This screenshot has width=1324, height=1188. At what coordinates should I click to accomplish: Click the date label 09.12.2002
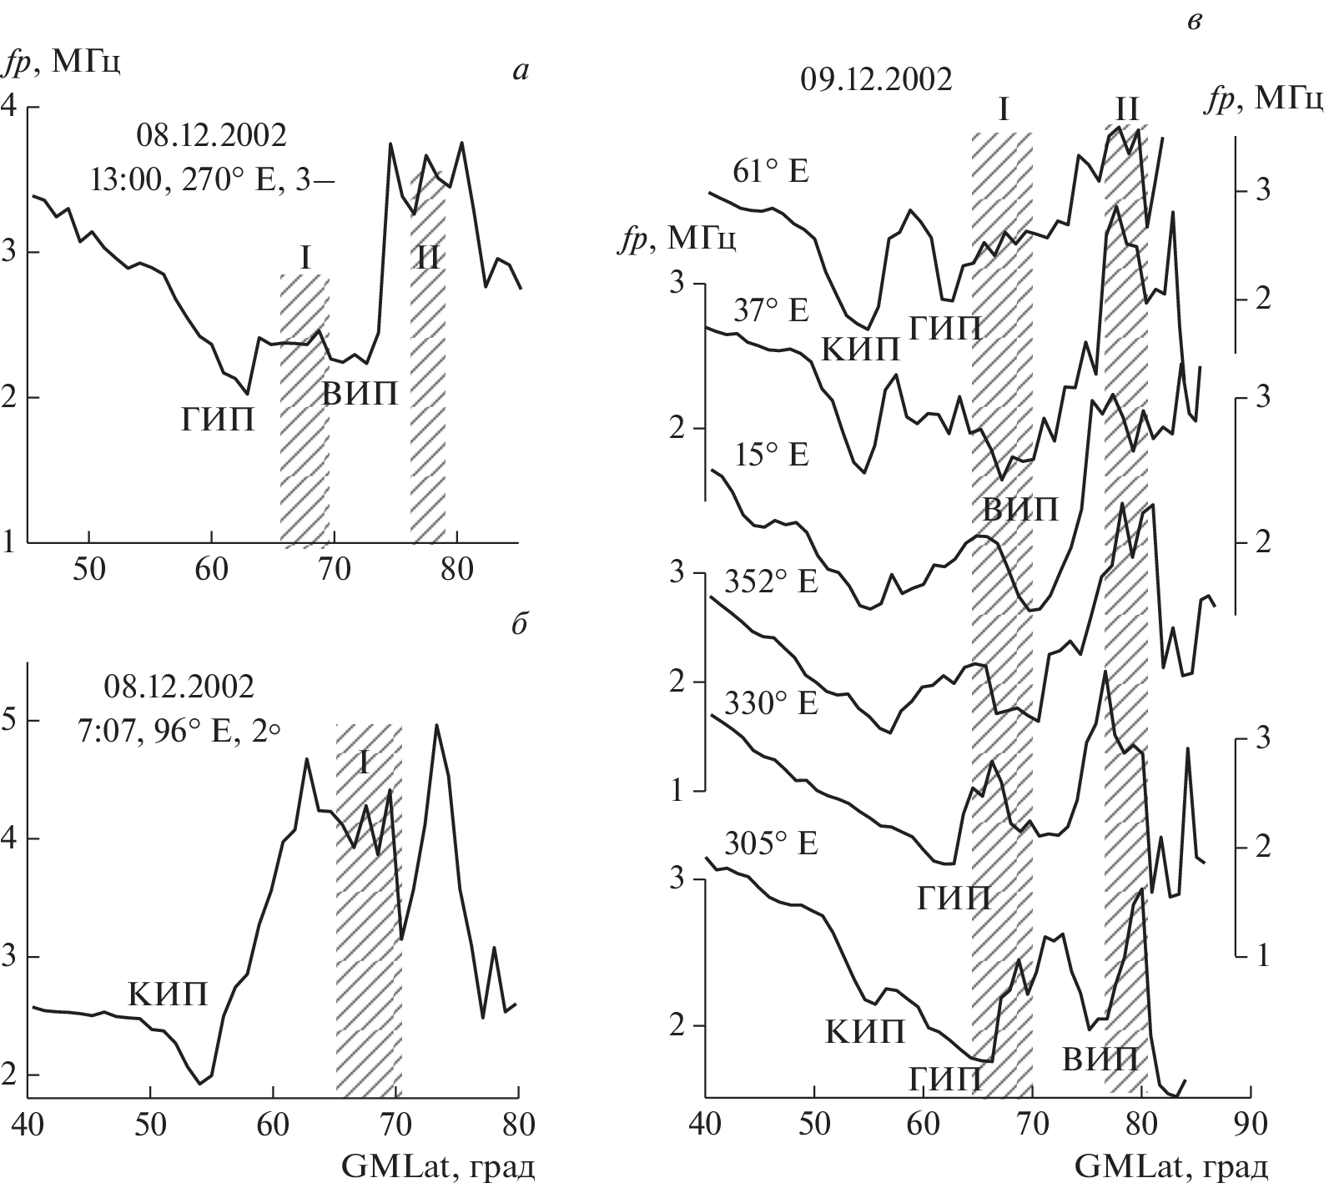click(876, 81)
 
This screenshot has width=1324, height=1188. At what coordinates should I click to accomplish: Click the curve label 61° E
click(772, 172)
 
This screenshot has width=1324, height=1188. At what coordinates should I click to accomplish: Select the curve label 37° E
click(771, 311)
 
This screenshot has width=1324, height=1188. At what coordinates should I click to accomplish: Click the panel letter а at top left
click(521, 72)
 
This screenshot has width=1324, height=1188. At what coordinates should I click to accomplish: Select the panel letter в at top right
click(1194, 23)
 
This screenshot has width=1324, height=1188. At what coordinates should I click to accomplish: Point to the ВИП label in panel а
click(360, 394)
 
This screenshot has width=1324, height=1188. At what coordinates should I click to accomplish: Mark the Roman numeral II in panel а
click(427, 258)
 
